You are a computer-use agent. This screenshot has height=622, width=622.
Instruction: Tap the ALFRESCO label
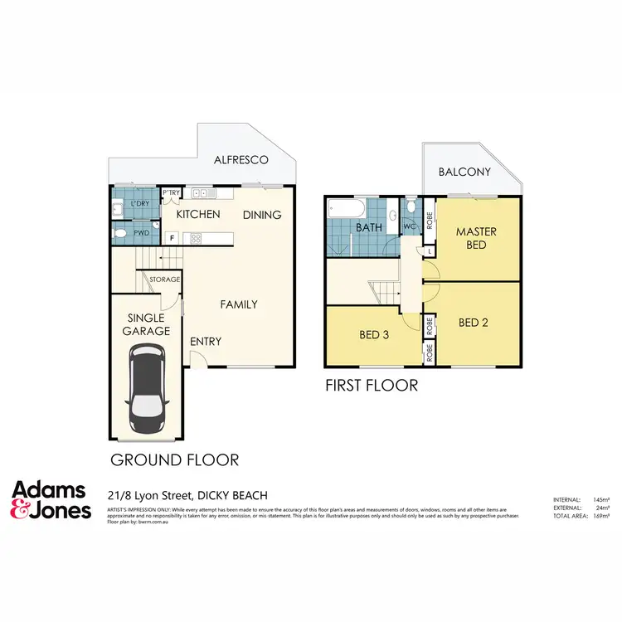click(x=241, y=160)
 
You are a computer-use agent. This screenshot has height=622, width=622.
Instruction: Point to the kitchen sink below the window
click(x=202, y=193)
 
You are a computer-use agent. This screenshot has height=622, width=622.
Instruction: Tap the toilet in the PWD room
click(x=121, y=235)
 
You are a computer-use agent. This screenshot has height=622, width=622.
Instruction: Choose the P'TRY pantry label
click(x=171, y=192)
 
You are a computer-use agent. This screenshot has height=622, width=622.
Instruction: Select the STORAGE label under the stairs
click(x=164, y=279)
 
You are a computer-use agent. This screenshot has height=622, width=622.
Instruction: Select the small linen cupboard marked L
click(x=429, y=251)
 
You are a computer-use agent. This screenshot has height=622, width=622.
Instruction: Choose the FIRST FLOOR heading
click(x=372, y=385)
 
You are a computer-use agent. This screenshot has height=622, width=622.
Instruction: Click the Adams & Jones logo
click(x=51, y=500)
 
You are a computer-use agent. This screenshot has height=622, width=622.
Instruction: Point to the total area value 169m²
click(x=599, y=515)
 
